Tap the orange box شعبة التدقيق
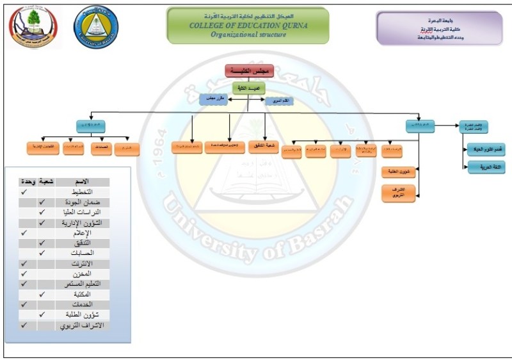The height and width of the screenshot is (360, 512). (263, 147)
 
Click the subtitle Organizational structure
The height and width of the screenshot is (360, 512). (248, 35)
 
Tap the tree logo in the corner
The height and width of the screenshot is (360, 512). (33, 26)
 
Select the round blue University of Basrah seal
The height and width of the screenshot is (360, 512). (96, 26)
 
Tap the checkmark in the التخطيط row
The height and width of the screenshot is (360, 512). (24, 192)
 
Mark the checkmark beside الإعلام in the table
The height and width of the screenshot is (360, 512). (24, 233)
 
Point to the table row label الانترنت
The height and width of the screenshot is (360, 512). (80, 263)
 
